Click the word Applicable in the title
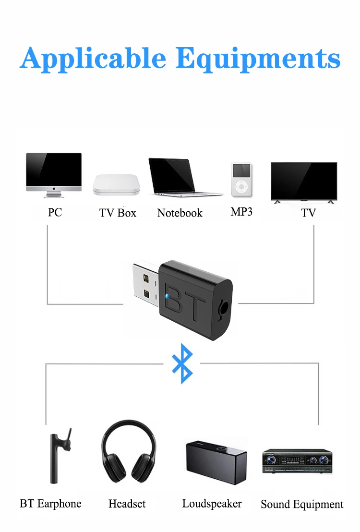pos(93,59)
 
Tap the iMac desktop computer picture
pos(54,174)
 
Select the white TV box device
pos(117,184)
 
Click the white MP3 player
pos(241,180)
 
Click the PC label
pos(55,212)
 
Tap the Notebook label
pos(180,213)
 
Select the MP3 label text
pos(241,212)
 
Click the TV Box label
pos(118,213)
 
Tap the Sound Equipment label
pos(302,505)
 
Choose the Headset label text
pos(127,504)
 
